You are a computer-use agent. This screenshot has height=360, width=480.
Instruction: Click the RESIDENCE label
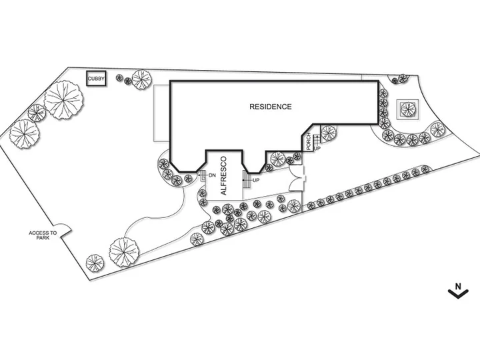pyautogui.click(x=271, y=107)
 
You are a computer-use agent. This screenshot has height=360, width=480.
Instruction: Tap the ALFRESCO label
pyautogui.click(x=223, y=176)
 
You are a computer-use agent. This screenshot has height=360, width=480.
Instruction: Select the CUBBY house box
pyautogui.click(x=96, y=79)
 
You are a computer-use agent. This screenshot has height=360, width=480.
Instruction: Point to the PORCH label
pyautogui.click(x=309, y=141)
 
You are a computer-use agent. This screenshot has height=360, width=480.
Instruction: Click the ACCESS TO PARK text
pyautogui.click(x=43, y=235)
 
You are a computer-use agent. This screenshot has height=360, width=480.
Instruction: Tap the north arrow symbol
pyautogui.click(x=458, y=293)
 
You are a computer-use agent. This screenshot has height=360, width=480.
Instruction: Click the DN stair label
pyautogui.click(x=212, y=176)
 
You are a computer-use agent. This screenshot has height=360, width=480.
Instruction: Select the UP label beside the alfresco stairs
pyautogui.click(x=256, y=180)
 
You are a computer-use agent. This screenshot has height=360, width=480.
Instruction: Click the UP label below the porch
pyautogui.click(x=317, y=149)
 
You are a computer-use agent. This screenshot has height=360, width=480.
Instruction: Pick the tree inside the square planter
pyautogui.click(x=408, y=109)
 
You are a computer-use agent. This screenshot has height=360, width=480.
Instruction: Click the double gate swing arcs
pyautogui.click(x=296, y=179)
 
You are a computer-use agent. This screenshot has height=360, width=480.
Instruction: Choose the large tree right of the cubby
pyautogui.click(x=141, y=79)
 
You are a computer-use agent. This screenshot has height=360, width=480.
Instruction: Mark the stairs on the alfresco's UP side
pyautogui.click(x=246, y=180)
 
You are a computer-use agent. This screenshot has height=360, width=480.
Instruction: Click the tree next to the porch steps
pyautogui.click(x=328, y=133)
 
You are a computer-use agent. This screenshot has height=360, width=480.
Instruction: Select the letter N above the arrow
pyautogui.click(x=458, y=286)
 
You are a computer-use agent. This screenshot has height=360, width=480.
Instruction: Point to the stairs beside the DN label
pyautogui.click(x=203, y=176)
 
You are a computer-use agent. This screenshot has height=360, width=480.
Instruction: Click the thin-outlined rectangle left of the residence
pyautogui.click(x=161, y=113)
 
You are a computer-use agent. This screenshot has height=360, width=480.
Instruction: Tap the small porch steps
pyautogui.click(x=317, y=139)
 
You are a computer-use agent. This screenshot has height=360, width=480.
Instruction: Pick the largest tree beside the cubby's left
pyautogui.click(x=64, y=100)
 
